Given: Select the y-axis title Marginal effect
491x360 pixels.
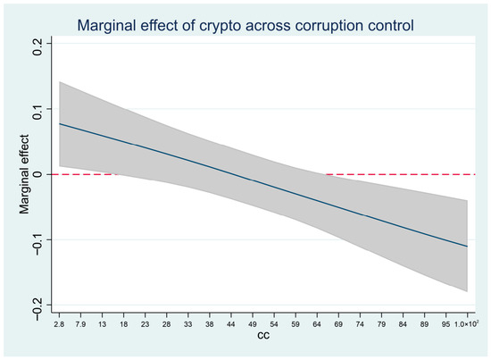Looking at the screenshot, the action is point(24,174).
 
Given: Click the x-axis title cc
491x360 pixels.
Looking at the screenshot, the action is point(263,336).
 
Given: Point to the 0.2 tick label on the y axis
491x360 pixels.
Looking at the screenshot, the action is point(37,47).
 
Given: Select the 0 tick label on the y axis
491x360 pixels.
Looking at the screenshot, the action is point(37,174).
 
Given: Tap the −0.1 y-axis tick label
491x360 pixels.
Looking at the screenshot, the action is point(37,244).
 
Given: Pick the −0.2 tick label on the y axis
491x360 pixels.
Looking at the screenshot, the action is point(37,309).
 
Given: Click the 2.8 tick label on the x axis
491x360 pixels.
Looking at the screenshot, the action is point(59,324).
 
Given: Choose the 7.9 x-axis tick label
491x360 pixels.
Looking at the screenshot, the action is point(80,324).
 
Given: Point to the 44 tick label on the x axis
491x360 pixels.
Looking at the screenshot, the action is point(231,324).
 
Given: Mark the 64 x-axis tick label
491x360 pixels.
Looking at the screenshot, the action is point(317,324).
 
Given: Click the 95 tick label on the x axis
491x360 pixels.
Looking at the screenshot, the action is point(445,324).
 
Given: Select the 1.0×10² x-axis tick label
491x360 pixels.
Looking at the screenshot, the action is point(467,324).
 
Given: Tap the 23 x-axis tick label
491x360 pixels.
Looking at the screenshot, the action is point(145,324).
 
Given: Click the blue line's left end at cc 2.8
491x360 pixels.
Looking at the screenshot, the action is point(60,124).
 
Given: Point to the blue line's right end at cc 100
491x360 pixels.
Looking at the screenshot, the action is point(467,247).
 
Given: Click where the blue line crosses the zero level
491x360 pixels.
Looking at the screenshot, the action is point(236,174).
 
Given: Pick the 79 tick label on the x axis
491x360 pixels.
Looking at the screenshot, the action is point(381,324).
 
